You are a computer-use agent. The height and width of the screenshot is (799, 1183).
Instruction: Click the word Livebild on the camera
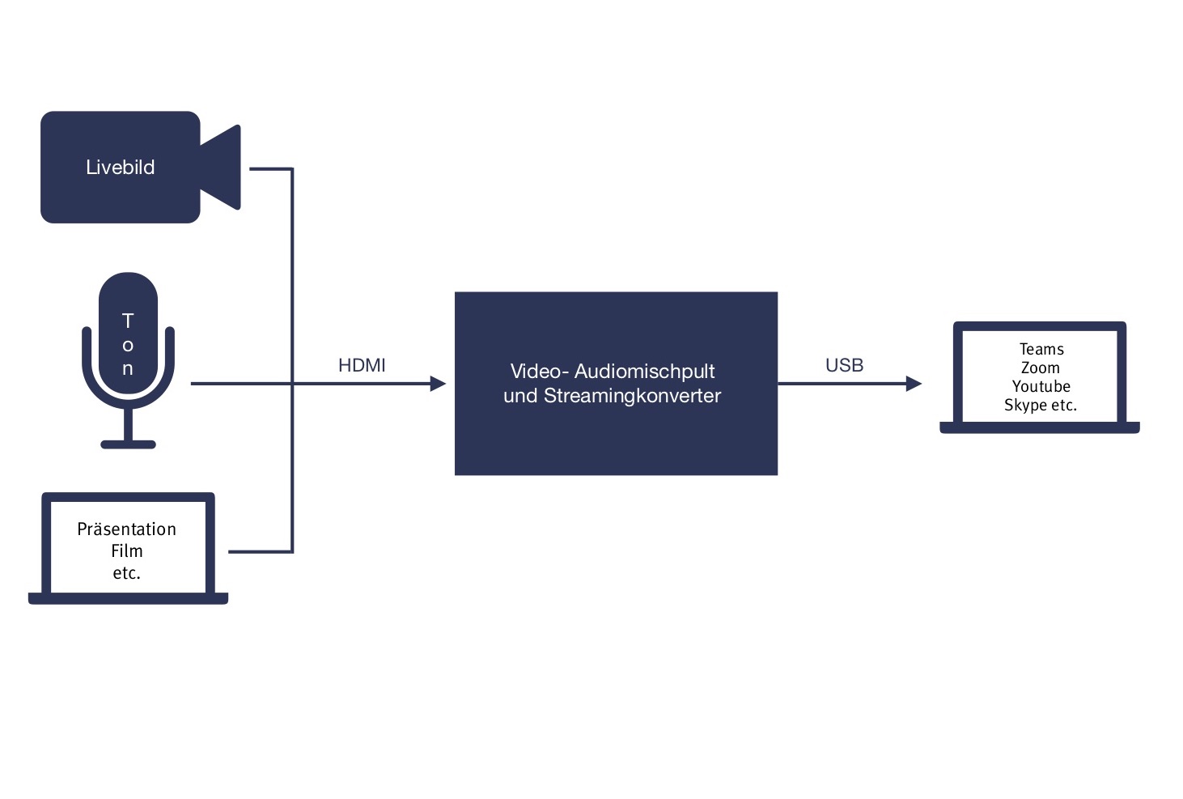(x=120, y=168)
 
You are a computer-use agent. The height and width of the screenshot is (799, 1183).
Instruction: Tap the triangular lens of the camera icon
(x=223, y=168)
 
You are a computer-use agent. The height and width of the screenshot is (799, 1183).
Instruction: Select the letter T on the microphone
(x=128, y=321)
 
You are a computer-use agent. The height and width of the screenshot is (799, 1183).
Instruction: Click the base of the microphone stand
(x=128, y=444)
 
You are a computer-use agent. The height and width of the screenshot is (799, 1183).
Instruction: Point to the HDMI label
(x=362, y=365)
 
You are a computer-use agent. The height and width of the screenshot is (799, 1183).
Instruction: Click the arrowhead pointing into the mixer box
(x=438, y=384)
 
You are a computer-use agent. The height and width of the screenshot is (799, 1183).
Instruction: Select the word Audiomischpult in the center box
(x=644, y=372)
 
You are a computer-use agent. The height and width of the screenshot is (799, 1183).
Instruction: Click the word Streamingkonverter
(x=632, y=396)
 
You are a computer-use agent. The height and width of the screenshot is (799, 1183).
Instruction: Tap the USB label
(x=844, y=365)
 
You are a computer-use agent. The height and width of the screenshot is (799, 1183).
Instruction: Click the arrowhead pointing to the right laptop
(x=914, y=384)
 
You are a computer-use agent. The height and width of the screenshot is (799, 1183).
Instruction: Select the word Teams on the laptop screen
(x=1041, y=349)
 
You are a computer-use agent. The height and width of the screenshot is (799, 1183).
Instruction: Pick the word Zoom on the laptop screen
(x=1041, y=368)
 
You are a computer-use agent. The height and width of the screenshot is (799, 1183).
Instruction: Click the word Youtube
(x=1041, y=386)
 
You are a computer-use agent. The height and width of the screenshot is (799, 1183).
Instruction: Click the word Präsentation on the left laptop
(x=126, y=529)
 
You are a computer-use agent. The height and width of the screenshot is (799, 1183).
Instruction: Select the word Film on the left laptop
(x=127, y=551)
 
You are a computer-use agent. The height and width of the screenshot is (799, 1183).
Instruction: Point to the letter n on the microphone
(x=128, y=369)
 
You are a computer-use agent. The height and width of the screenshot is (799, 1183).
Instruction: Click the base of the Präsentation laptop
(x=128, y=598)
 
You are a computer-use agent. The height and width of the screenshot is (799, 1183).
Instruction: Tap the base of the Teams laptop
(x=1039, y=427)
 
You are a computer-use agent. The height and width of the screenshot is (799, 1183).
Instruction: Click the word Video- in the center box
(x=539, y=372)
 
